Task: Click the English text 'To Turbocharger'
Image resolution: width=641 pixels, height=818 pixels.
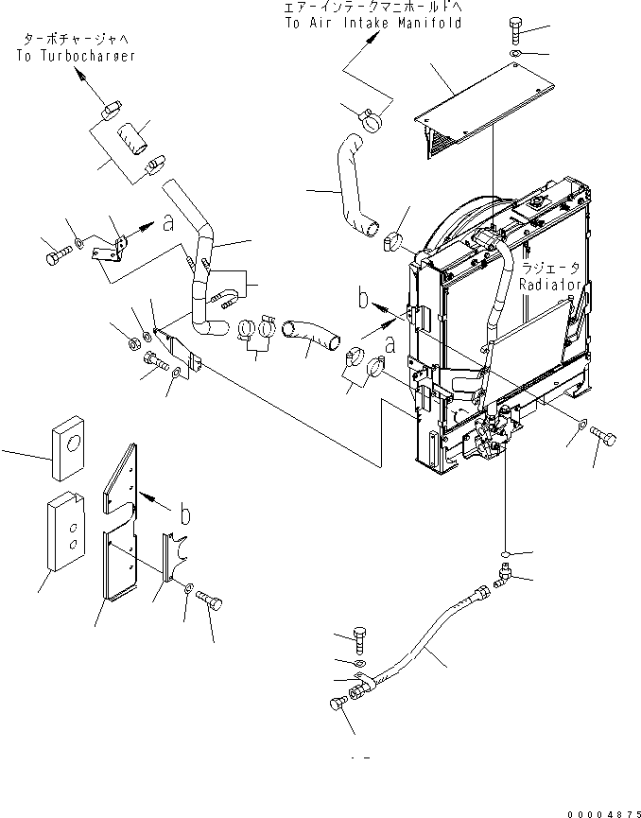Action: click(x=75, y=56)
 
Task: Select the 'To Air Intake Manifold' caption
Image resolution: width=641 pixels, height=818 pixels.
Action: click(x=372, y=23)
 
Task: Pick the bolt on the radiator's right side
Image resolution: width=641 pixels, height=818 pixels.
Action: click(x=602, y=436)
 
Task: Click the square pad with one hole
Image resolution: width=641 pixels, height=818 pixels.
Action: click(x=68, y=441)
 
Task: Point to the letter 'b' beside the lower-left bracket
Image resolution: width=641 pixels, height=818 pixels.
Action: click(x=186, y=514)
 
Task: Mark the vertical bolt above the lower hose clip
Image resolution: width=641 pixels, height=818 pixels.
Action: click(x=358, y=638)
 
